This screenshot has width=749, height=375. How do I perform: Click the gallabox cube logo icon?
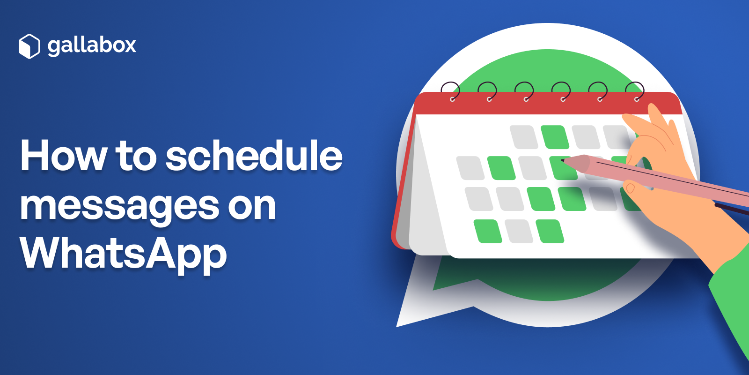tap(29, 46)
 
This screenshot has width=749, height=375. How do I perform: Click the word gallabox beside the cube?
tap(92, 45)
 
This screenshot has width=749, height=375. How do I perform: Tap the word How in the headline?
tap(64, 156)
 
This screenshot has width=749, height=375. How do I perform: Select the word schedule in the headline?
tap(254, 156)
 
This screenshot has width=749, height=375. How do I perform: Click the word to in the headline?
tap(136, 156)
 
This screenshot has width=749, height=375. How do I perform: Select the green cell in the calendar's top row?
tap(555, 137)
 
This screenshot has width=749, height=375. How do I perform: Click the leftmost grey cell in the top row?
tap(524, 137)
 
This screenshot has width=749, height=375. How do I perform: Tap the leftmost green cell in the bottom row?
tap(488, 231)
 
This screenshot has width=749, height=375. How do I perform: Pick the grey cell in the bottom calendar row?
tap(519, 231)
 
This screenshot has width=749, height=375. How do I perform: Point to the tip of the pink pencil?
tap(563, 161)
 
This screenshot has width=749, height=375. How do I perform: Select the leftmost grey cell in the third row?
tap(479, 199)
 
